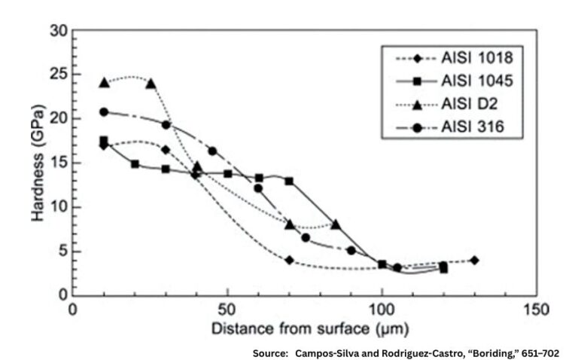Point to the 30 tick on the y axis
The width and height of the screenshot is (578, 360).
tap(59, 31)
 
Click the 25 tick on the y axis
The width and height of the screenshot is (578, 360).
tap(59, 75)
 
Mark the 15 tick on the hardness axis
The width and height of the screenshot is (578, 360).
tap(59, 163)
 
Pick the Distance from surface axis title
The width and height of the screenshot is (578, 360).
tap(305, 328)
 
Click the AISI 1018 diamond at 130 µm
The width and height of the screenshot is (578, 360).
tap(474, 260)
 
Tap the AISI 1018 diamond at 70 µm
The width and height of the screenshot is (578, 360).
tap(289, 260)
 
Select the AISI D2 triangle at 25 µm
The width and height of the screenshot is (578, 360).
tap(151, 83)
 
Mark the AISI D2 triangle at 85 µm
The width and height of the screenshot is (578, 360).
tap(336, 224)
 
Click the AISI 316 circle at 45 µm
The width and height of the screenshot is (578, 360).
tap(212, 151)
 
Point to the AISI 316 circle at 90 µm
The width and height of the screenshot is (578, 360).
tap(351, 250)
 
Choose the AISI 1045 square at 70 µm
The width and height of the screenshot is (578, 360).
tap(289, 181)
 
